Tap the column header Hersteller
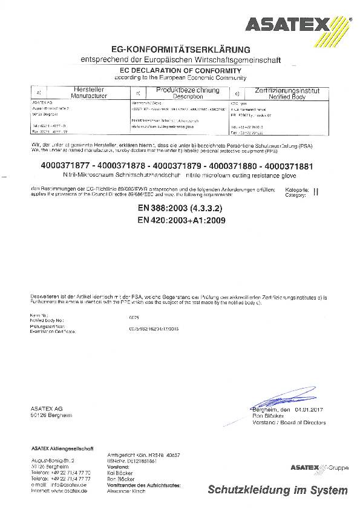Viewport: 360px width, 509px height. (89, 90)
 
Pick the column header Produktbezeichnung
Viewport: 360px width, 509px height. (188, 90)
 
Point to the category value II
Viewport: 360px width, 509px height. (315, 191)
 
